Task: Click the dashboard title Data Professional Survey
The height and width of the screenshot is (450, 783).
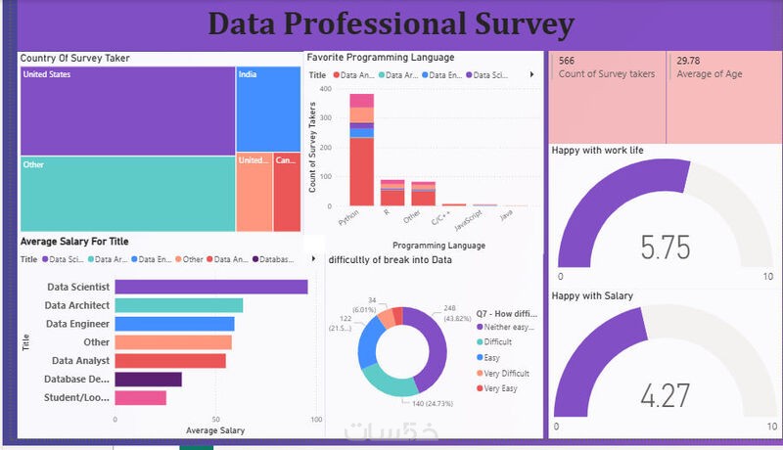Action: pyautogui.click(x=391, y=23)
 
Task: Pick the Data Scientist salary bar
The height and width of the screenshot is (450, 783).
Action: pyautogui.click(x=211, y=287)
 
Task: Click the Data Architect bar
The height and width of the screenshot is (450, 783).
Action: pyautogui.click(x=179, y=305)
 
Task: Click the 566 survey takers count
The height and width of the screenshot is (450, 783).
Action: pyautogui.click(x=567, y=61)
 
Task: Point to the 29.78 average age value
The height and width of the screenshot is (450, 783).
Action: pyautogui.click(x=688, y=61)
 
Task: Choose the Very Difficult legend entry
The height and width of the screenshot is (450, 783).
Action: pyautogui.click(x=507, y=373)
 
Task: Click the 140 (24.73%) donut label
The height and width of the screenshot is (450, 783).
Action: pyautogui.click(x=433, y=402)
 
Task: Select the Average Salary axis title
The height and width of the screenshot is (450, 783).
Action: pyautogui.click(x=214, y=430)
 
